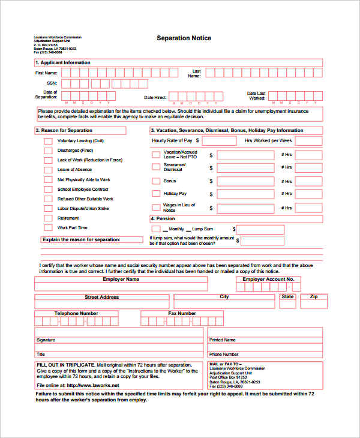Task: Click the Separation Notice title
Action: [x=184, y=38]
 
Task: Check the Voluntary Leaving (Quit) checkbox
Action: [x=48, y=141]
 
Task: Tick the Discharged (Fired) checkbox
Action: [x=48, y=151]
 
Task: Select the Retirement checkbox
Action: [x=48, y=218]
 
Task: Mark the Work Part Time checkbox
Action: [x=48, y=228]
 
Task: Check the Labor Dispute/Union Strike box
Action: [x=48, y=209]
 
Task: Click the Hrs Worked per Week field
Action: [x=309, y=140]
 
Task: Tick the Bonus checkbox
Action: [x=156, y=181]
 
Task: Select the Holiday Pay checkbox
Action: [x=156, y=194]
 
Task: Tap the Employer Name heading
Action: [x=121, y=280]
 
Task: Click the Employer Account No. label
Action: [x=268, y=280]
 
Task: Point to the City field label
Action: [x=224, y=297]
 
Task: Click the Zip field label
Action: [x=313, y=297]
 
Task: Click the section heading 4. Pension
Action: [x=163, y=219]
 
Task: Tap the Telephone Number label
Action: [x=76, y=313]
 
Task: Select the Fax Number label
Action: [x=182, y=313]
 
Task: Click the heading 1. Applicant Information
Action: [x=63, y=62]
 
